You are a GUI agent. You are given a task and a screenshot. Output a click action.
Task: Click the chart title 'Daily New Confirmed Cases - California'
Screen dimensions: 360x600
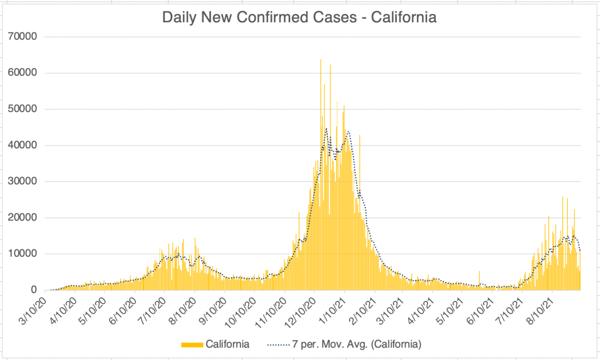300,18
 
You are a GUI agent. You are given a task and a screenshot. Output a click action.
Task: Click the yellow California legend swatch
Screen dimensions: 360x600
192,343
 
